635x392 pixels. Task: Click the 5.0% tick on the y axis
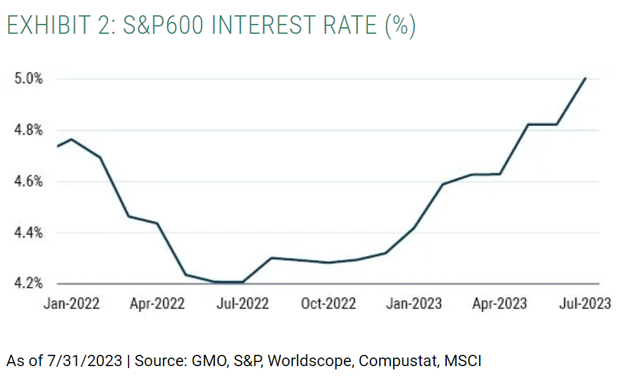29,79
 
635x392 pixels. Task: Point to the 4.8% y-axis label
29,130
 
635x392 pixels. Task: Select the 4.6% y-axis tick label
29,181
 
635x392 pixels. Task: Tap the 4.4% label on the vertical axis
29,232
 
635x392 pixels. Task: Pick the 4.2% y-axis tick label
29,283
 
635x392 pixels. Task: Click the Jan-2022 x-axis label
72,304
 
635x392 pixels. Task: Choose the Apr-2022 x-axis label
157,304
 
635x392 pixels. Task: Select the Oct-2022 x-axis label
328,304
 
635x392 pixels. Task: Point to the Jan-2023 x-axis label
414,304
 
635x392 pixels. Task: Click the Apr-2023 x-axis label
499,304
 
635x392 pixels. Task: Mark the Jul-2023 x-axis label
583,304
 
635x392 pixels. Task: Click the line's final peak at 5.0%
585,78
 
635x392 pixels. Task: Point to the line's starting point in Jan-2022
58,146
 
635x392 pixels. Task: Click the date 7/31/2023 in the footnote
84,361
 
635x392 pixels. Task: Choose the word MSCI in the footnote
463,361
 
